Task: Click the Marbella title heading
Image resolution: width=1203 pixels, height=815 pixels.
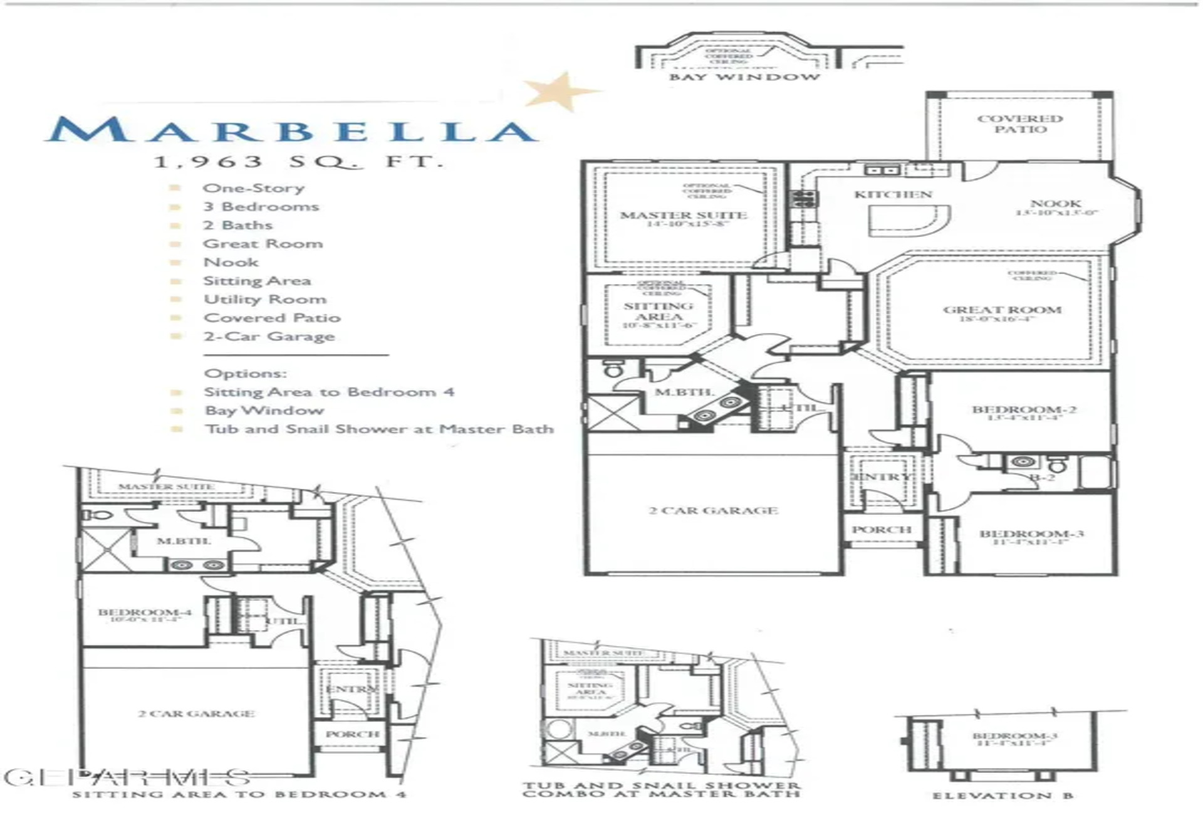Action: point(292,130)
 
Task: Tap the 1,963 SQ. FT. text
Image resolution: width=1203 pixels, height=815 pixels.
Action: point(298,161)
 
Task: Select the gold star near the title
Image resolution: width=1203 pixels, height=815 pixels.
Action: point(560,90)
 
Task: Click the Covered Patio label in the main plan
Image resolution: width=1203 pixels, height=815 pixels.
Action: point(1020,124)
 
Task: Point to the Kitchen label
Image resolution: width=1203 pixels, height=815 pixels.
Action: point(893,194)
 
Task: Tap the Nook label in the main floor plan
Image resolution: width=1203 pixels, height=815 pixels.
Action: point(1056,204)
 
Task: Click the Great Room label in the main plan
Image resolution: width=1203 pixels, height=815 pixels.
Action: point(1002,310)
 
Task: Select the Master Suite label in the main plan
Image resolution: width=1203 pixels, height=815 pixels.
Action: point(684,215)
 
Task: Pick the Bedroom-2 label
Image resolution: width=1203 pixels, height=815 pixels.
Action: point(1024,409)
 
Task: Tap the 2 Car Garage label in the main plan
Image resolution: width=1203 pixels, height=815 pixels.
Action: point(713,510)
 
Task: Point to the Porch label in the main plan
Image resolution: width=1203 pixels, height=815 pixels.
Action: point(881,530)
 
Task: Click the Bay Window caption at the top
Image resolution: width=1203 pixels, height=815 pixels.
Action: point(744,77)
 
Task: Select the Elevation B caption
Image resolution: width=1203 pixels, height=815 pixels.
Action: point(1002,796)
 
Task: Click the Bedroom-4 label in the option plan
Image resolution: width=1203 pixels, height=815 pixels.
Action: point(145,612)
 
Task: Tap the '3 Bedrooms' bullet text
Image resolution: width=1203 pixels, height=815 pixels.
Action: point(261,206)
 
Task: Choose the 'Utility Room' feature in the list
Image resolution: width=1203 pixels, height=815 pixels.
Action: point(265,299)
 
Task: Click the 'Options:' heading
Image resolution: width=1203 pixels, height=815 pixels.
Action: point(245,373)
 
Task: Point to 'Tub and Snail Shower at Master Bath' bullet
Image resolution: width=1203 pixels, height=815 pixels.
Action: point(379,429)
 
